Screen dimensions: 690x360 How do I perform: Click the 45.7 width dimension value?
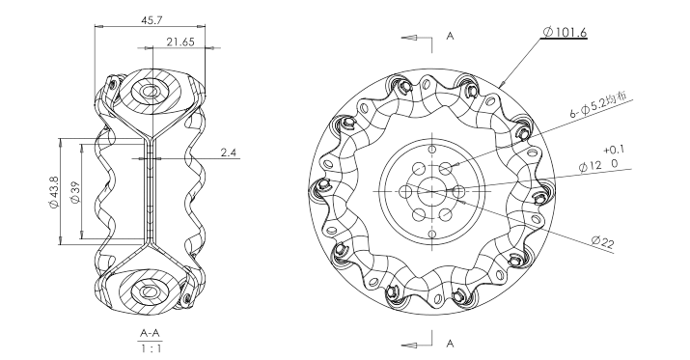[x=151, y=20]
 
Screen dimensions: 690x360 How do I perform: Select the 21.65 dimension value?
[x=180, y=42]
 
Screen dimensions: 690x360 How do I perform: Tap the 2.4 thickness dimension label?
[x=229, y=152]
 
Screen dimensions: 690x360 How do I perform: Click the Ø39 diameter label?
[x=75, y=193]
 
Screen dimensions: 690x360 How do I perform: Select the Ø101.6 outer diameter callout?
[x=565, y=32]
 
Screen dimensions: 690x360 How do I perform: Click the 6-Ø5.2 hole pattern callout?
[x=598, y=105]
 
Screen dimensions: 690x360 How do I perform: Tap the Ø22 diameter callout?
[x=602, y=242]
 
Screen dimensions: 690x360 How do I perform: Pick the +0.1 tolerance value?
[x=614, y=150]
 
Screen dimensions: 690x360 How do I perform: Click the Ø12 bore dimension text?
[x=590, y=166]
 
